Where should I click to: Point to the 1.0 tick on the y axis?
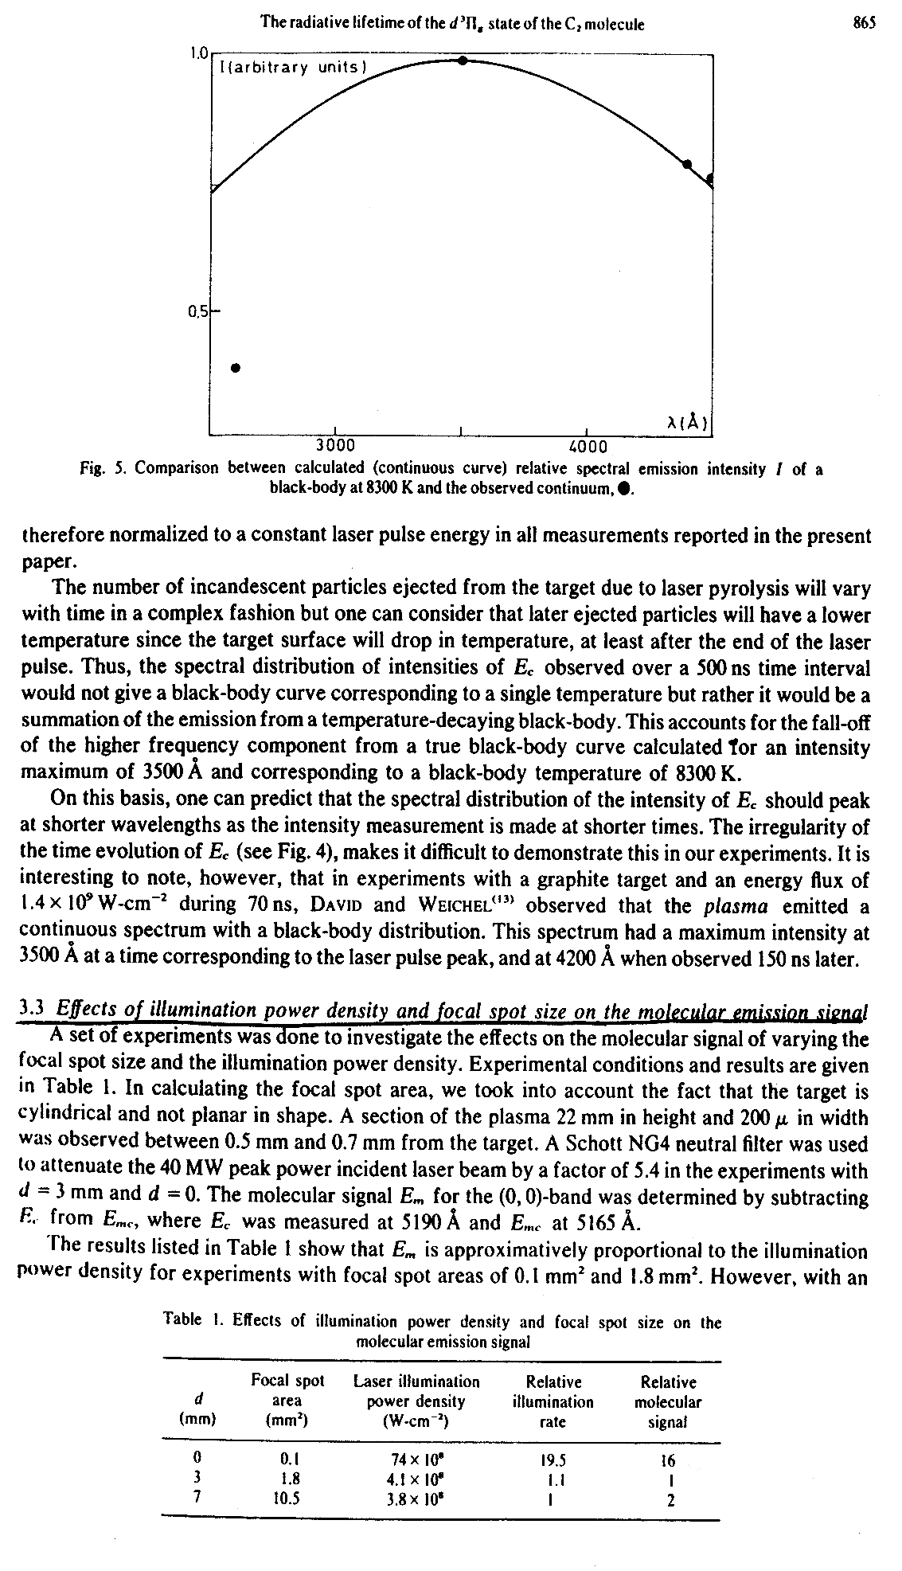198,53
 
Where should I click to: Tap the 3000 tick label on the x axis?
336,446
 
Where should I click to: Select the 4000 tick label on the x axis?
588,446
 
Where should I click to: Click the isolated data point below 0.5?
236,368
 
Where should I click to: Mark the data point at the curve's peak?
462,61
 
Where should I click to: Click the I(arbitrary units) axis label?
291,68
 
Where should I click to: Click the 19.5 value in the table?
553,1460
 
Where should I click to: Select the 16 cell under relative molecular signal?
667,1460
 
